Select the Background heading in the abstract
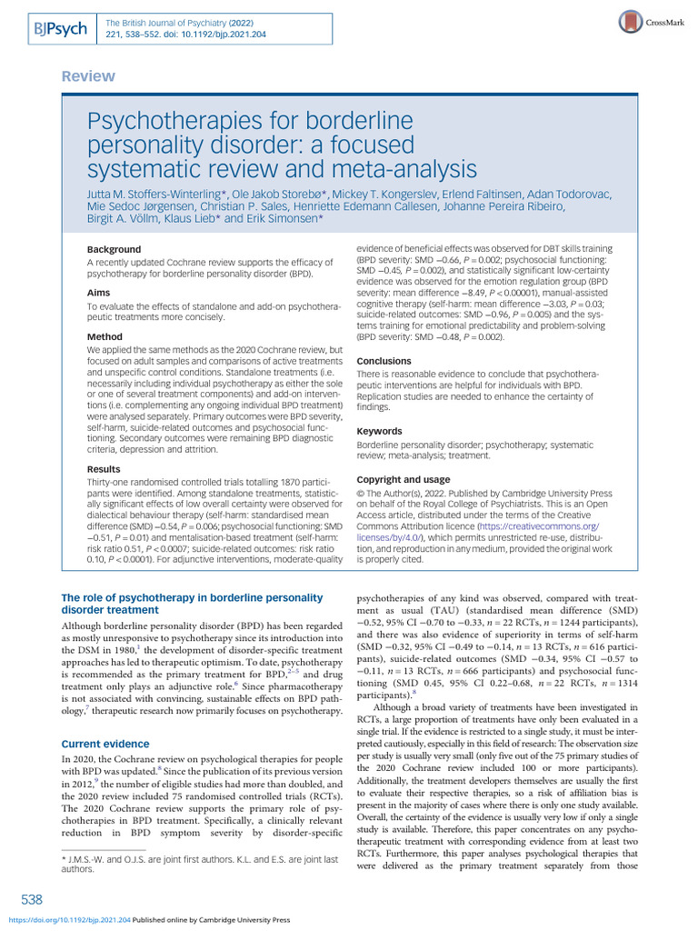(x=114, y=249)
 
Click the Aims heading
(x=100, y=293)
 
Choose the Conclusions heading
(x=384, y=361)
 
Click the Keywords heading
(x=379, y=431)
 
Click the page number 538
(x=32, y=899)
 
